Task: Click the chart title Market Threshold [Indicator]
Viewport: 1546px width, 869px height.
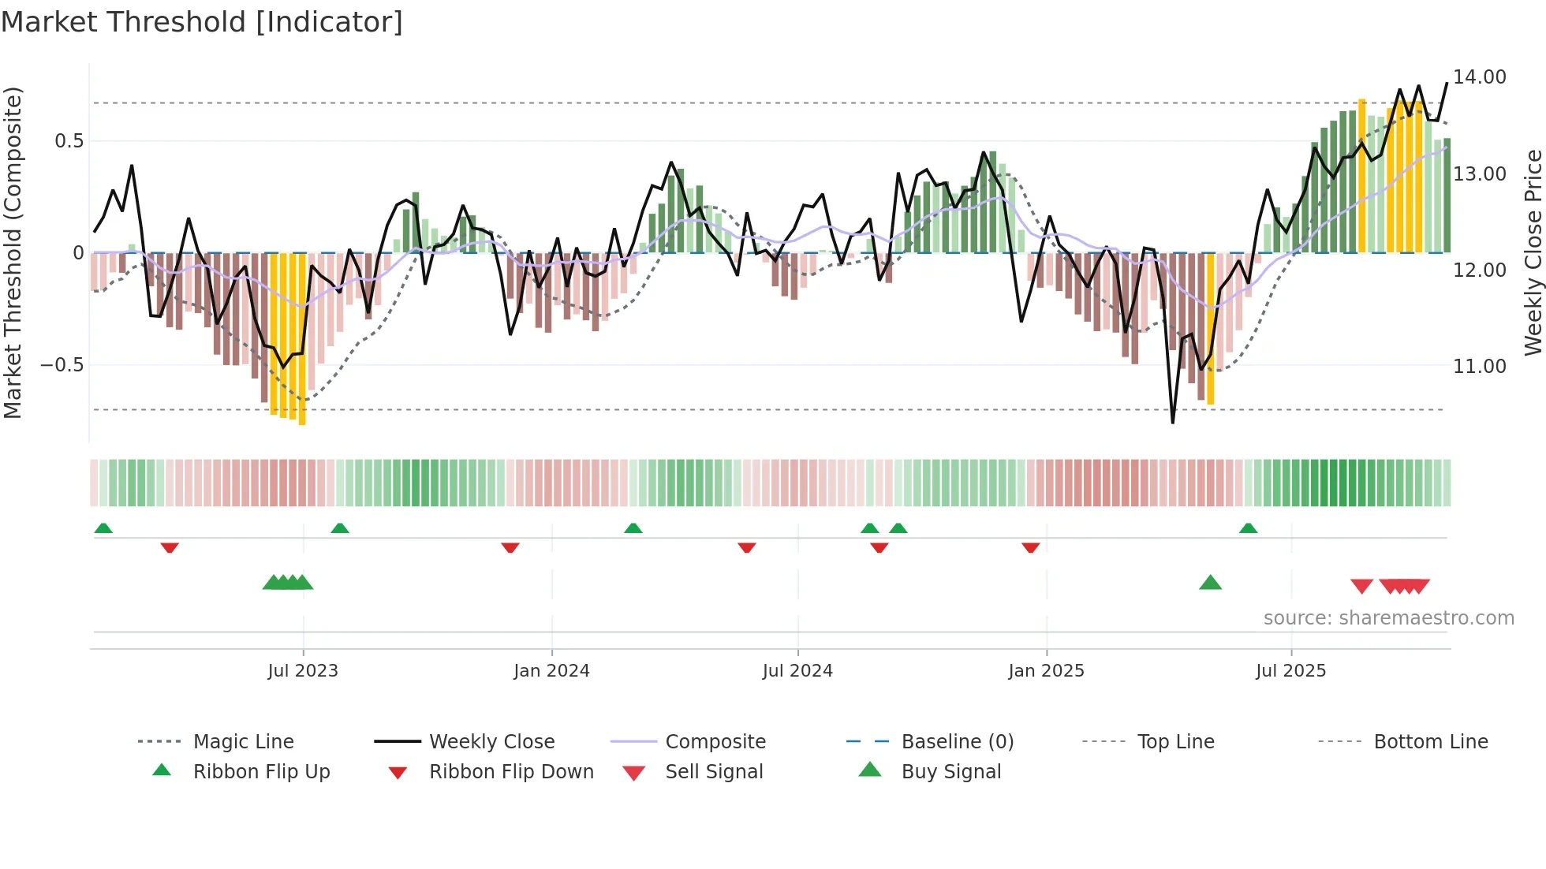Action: coord(202,22)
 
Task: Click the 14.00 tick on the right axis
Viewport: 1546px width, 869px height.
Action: coord(1480,77)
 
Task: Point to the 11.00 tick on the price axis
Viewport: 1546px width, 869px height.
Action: coord(1480,367)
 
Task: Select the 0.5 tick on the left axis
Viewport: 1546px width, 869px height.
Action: coord(69,141)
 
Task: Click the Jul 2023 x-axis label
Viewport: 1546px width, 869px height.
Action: coord(303,671)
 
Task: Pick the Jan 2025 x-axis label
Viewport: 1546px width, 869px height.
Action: coord(1046,671)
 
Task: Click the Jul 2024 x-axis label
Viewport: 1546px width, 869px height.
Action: coord(797,671)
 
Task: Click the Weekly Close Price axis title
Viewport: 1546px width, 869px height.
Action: coord(1533,252)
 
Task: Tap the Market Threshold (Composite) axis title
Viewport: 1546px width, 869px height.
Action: coord(13,252)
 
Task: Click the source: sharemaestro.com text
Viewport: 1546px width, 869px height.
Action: coord(1388,618)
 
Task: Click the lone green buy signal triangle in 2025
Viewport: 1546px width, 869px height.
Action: coord(1210,584)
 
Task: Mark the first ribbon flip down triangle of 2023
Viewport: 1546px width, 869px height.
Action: coord(170,547)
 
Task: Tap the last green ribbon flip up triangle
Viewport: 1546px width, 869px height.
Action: coord(1248,528)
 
